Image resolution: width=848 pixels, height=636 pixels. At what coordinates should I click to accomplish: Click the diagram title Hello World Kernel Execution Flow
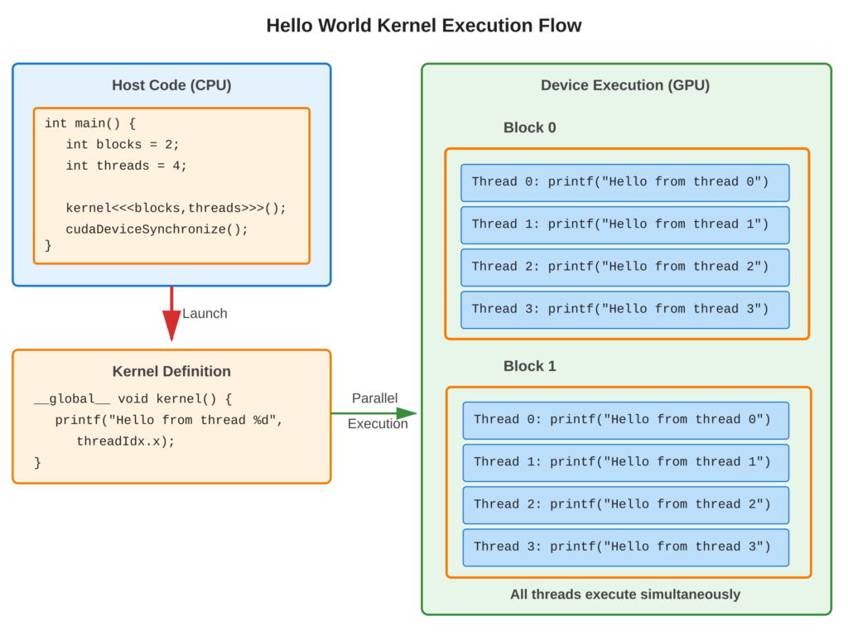point(424,26)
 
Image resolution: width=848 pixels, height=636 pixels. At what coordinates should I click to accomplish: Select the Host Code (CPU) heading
point(171,85)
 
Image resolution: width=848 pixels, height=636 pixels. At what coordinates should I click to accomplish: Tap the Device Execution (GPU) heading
point(625,85)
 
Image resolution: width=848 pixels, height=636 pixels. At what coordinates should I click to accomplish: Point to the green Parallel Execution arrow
point(377,412)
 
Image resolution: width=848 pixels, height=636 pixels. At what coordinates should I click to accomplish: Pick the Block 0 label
point(530,128)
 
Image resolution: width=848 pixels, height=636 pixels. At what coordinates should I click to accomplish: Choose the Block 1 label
point(530,366)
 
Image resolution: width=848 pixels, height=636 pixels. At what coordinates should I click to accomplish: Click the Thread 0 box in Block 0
point(625,182)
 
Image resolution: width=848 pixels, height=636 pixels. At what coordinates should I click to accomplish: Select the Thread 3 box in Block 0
point(625,309)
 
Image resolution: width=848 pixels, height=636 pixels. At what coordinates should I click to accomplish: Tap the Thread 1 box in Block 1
point(625,462)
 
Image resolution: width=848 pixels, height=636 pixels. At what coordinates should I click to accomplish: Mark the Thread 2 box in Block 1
point(625,504)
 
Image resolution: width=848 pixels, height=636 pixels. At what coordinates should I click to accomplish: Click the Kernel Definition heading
point(171,371)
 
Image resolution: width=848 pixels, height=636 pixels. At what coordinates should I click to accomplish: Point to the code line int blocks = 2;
point(123,144)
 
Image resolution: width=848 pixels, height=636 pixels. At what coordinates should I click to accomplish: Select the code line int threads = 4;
point(127,166)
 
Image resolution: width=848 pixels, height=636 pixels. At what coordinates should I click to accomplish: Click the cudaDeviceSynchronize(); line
point(157,229)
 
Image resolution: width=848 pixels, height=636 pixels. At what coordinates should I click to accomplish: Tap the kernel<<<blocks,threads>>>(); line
point(176,208)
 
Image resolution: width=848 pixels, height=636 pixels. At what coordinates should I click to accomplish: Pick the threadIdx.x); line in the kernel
point(126,441)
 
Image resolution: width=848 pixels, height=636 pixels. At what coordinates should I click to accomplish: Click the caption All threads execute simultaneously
point(625,595)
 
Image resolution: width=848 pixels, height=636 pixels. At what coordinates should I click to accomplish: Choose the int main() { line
point(90,123)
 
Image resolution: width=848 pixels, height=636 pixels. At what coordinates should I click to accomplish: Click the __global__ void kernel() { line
point(132,399)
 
